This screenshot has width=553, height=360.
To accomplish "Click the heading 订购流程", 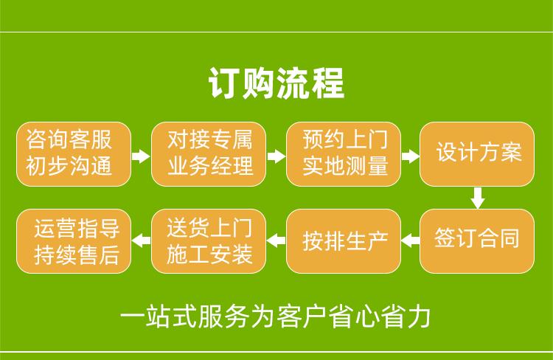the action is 276,83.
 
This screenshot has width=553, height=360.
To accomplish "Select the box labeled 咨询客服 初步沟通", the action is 74,153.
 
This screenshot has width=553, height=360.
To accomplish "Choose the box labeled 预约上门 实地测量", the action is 344,153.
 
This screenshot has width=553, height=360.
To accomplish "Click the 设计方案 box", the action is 478,153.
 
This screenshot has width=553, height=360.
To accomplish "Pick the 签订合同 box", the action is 478,240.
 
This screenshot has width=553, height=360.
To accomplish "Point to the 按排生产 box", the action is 344,240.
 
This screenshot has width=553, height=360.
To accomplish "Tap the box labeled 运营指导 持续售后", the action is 74,240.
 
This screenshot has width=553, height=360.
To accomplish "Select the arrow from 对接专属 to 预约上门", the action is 276,156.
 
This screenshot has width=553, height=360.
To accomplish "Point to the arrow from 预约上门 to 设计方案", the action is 411,156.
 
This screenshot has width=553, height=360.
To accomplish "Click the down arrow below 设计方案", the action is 478,197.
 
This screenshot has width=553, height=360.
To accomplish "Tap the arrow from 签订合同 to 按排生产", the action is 411,239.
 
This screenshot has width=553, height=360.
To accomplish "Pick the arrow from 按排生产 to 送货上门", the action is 276,239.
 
